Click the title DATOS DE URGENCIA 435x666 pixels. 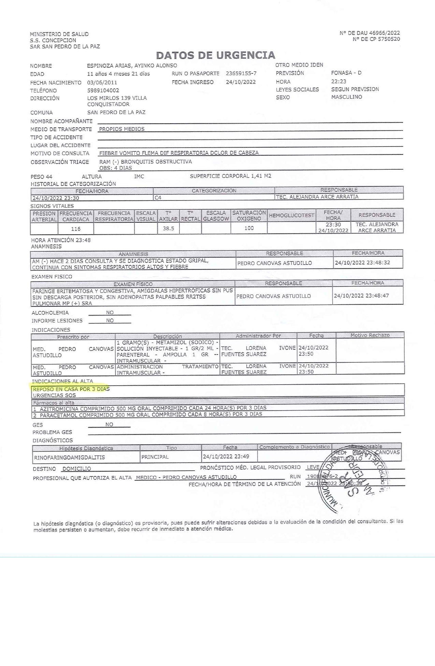(x=215, y=55)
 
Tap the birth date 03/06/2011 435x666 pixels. (x=102, y=83)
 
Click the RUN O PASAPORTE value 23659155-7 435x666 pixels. (x=241, y=73)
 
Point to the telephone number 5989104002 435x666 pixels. (x=103, y=91)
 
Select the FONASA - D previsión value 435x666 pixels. (x=346, y=73)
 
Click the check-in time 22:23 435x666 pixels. (x=338, y=81)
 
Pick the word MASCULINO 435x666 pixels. (x=346, y=97)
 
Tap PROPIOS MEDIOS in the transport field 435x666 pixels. (x=121, y=129)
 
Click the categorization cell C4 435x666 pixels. (x=158, y=197)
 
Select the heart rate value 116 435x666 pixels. (x=75, y=229)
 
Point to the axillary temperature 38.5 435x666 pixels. (x=168, y=228)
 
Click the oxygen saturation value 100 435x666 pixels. (x=249, y=228)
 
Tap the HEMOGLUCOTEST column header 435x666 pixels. (x=291, y=216)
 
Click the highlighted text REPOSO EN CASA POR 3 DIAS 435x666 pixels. (x=71, y=389)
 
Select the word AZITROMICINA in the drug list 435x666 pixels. (x=59, y=408)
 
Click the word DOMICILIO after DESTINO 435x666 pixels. (x=77, y=469)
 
